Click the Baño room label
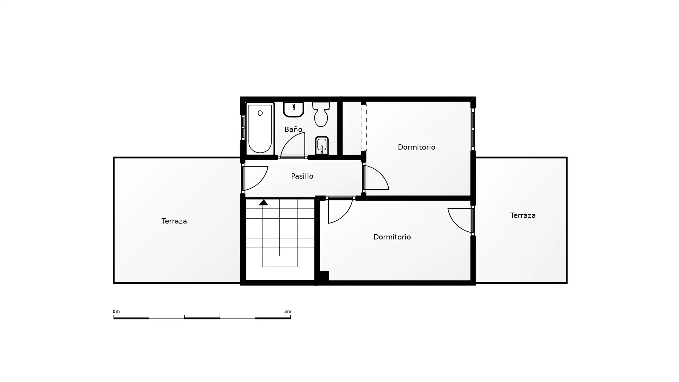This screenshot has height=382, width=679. (x=293, y=129)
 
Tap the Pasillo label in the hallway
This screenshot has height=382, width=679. (x=302, y=176)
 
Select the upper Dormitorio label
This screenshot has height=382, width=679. (x=416, y=147)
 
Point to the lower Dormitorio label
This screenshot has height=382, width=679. (x=392, y=237)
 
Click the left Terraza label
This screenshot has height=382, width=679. (x=174, y=221)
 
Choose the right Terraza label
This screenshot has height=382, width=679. (x=523, y=215)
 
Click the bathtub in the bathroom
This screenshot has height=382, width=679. (x=260, y=129)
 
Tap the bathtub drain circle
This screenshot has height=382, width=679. (x=260, y=113)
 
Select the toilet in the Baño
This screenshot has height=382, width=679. (x=321, y=114)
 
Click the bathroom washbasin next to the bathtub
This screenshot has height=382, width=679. (x=294, y=110)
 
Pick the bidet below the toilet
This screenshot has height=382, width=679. (x=322, y=145)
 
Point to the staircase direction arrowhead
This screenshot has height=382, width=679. (x=263, y=202)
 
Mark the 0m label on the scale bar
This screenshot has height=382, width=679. (x=116, y=312)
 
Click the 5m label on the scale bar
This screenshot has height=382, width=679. (x=288, y=312)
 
